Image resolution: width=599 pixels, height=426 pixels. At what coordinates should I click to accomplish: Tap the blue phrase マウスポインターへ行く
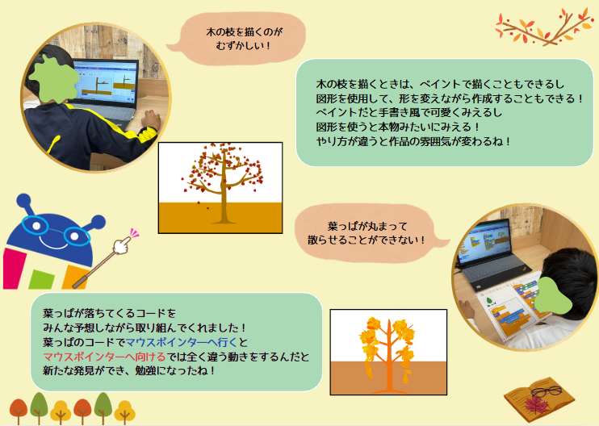tap(182, 342)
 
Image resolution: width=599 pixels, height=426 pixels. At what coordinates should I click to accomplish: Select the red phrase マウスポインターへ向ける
tap(104, 357)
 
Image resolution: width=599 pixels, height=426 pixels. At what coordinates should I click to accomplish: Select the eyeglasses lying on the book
tap(547, 391)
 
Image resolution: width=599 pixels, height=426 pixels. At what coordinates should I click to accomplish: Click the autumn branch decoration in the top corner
tap(543, 27)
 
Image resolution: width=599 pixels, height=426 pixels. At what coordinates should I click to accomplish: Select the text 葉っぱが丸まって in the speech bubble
tap(367, 227)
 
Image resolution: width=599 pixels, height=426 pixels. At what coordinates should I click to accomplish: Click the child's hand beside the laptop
tap(150, 119)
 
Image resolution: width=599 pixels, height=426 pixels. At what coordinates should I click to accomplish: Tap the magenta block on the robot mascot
tap(14, 269)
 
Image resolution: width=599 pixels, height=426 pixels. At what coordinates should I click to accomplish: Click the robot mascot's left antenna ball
tap(23, 200)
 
